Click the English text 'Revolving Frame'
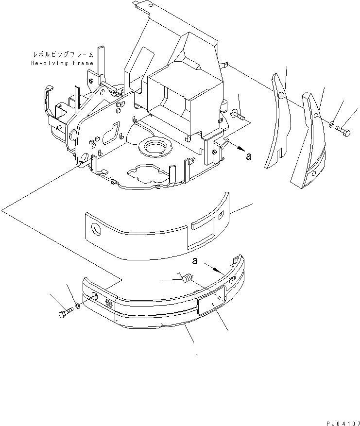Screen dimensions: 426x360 [62, 63]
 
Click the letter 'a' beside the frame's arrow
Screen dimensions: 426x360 [249, 156]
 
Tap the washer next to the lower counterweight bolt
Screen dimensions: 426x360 [78, 307]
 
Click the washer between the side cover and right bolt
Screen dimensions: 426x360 [331, 124]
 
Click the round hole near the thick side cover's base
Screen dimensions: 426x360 [313, 173]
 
